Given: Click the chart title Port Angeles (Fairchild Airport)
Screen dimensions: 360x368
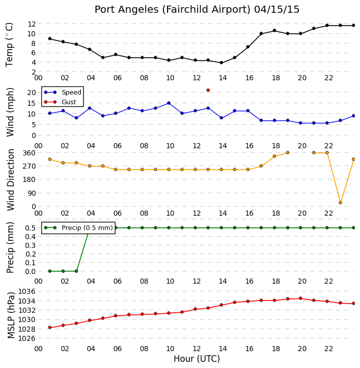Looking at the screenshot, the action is coord(173,10).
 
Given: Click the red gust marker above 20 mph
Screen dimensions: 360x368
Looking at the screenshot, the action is coord(208,90).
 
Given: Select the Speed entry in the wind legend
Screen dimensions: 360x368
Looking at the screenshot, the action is coord(63,92).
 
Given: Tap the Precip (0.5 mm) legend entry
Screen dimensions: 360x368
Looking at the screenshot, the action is coord(78,227).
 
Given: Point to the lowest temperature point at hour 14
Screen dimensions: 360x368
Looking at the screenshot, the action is coord(221,63).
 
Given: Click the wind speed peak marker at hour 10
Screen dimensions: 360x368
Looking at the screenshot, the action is coord(169,103).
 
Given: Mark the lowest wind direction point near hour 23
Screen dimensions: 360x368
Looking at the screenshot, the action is coord(340,202).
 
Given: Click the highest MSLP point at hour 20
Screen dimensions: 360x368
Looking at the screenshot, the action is coord(300,298).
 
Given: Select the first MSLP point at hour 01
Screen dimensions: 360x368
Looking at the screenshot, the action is coord(50,328).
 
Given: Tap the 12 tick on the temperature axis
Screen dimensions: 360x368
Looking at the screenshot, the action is coord(32,24).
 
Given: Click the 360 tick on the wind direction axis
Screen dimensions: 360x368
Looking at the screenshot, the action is coord(29,153).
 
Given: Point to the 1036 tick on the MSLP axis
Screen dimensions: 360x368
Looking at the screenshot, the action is coord(27,291).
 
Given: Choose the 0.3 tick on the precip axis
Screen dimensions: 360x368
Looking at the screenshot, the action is coord(31,245).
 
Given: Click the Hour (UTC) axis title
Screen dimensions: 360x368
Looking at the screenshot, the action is coord(197,359).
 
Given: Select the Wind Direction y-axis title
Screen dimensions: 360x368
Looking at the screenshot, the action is coord(11,180).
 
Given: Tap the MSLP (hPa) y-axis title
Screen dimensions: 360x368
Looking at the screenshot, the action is coord(11,315).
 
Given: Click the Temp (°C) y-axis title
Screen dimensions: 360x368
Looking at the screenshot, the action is coord(9,44).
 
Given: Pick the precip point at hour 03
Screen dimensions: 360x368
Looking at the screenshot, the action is coord(76,271).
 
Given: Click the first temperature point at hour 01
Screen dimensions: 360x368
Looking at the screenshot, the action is coord(50,39).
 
